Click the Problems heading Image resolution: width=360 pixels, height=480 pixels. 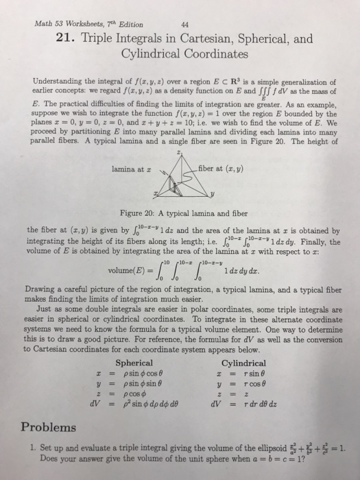point(49,427)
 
